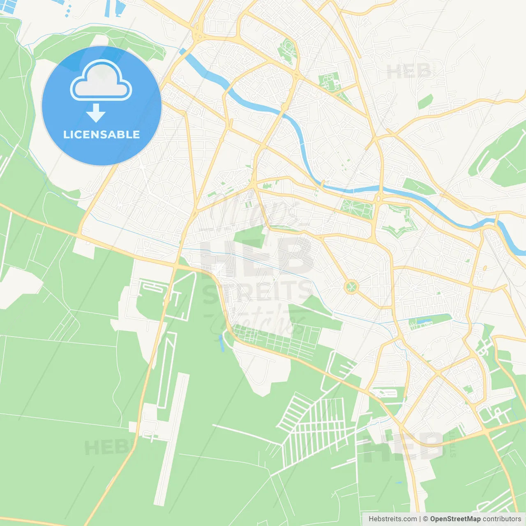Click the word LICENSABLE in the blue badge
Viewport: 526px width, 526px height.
pos(101,134)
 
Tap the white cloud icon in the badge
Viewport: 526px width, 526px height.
pos(101,81)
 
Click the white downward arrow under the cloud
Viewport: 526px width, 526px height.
pos(96,113)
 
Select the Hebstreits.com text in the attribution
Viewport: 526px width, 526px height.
pos(392,519)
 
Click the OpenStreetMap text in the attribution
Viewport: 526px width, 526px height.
pos(455,519)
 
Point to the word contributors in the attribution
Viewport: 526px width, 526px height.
pos(501,519)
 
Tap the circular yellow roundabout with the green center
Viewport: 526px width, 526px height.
pos(351,286)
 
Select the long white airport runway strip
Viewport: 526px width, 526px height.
pos(172,440)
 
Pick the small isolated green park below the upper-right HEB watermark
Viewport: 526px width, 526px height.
pos(426,102)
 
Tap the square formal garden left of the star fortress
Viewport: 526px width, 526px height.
pos(357,209)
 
